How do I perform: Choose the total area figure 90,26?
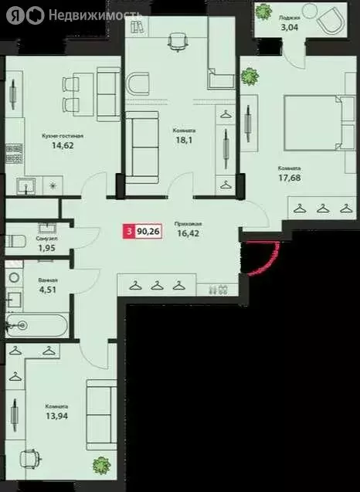coord(148,229)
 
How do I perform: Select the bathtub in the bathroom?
coord(34,325)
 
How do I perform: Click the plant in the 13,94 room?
coord(101,467)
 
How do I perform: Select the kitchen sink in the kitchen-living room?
coord(23,185)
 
